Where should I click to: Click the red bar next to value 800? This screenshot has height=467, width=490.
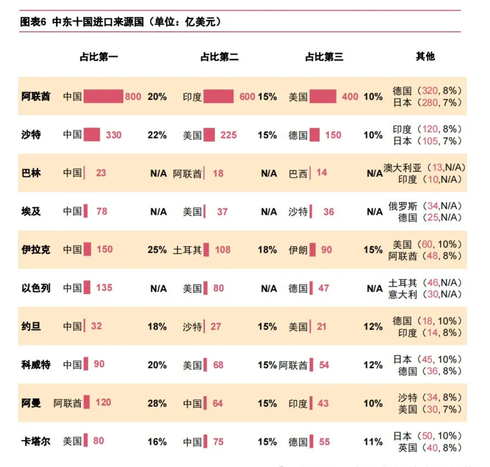pos(103,96)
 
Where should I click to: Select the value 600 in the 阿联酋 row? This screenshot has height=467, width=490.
pos(247,96)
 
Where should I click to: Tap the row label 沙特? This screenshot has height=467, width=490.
pos(31,135)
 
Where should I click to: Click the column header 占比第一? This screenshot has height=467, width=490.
pos(99,57)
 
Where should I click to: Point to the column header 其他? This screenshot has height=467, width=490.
pos(425,56)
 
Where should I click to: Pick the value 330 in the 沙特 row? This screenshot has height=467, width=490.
pos(114,135)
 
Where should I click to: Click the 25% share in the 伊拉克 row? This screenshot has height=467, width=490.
pos(157,250)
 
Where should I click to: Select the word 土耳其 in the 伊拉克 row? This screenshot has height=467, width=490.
pos(187,250)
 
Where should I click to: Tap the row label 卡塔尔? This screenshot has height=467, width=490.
pos(36,441)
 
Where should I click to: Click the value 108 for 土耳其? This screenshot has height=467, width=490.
pos(223,250)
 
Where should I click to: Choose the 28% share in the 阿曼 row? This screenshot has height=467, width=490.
pos(157,403)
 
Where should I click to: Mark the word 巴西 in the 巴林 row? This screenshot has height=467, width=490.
pos(298,174)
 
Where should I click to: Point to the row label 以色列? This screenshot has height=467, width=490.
pos(36,288)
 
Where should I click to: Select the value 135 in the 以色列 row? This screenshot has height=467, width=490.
pos(104,288)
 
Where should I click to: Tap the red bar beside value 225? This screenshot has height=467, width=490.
pos(209,135)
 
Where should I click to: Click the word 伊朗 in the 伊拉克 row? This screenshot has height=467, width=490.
pos(298,250)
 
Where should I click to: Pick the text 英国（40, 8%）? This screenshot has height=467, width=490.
pos(430,448)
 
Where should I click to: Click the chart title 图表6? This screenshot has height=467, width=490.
pos(33,22)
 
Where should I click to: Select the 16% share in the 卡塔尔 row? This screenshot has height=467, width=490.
pos(157,442)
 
